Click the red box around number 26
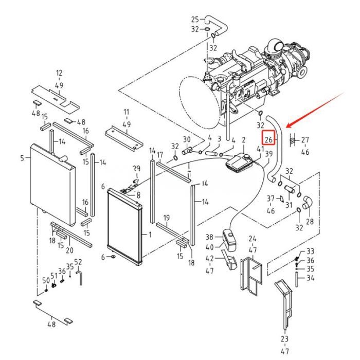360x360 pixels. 268,138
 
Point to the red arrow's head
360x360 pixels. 288,126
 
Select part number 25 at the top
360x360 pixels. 195,20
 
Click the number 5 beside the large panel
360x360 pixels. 22,158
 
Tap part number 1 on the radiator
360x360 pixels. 150,235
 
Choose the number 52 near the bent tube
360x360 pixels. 78,262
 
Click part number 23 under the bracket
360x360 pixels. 284,339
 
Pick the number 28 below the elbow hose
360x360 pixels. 310,222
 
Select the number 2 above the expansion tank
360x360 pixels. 244,140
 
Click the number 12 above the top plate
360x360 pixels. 59,73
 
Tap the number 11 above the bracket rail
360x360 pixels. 127,112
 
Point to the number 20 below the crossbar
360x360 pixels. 69,250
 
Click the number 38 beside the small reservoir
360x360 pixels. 209,237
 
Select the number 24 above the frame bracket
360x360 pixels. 253,239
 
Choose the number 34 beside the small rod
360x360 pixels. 311,278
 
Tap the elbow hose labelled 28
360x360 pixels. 307,203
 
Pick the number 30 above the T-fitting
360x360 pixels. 187,139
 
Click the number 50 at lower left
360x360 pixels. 46,280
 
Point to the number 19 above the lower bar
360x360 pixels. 167,218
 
